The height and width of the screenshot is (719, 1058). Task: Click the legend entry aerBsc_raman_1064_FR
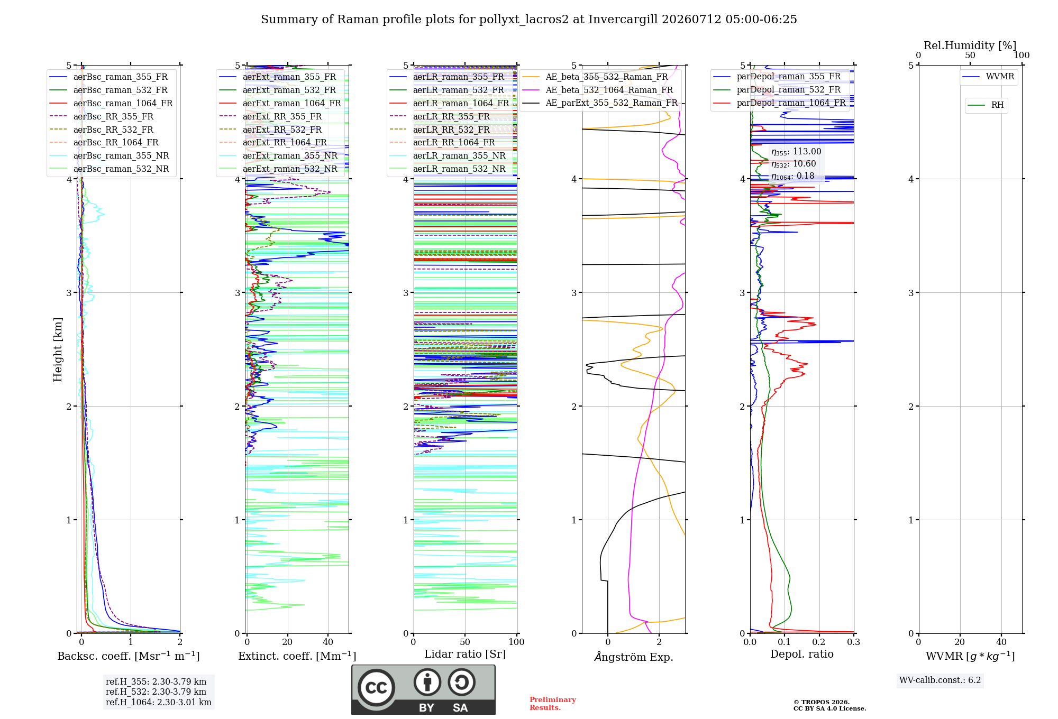(111, 103)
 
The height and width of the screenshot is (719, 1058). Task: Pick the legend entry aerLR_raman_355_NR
(448, 155)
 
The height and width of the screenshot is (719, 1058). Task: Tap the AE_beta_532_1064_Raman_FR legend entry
(598, 90)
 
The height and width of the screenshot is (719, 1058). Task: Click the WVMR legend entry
(988, 77)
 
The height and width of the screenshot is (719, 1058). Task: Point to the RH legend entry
(986, 105)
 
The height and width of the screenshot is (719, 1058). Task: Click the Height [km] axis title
(58, 349)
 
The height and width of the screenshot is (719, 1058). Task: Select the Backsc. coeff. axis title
(129, 656)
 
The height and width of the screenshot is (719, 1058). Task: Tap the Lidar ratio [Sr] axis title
(465, 654)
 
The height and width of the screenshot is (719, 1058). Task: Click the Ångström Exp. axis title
(634, 657)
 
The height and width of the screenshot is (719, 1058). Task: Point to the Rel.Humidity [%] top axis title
(970, 45)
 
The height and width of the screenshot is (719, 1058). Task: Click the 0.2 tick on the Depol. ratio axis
(819, 642)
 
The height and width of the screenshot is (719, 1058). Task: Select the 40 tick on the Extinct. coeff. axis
(328, 642)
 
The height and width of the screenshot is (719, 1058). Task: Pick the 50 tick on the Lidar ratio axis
(465, 642)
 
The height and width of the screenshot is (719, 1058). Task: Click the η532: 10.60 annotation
(793, 164)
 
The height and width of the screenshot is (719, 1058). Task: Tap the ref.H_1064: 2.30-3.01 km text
(159, 702)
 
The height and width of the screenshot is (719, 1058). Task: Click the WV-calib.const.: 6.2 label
(940, 680)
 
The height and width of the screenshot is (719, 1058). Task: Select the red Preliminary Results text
(553, 704)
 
